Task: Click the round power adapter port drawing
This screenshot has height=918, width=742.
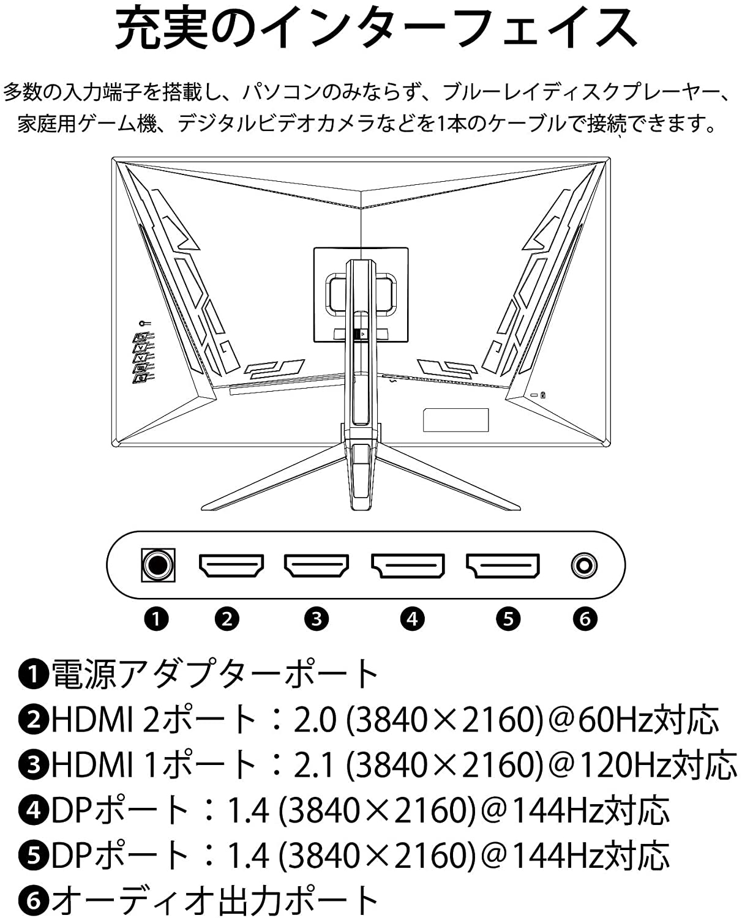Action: point(158,565)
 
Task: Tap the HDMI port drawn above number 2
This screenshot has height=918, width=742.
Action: point(231,565)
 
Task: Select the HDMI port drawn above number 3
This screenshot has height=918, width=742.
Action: point(316,565)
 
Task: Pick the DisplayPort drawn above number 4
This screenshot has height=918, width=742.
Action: point(408,565)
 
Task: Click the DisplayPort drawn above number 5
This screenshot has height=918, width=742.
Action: point(503,565)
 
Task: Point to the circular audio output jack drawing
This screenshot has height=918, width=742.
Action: point(583,565)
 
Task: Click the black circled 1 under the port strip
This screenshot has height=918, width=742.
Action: point(156,619)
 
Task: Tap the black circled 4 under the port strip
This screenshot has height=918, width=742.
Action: point(412,619)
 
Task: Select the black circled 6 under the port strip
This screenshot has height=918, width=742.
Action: point(585,619)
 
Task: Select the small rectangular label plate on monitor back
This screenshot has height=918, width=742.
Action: point(455,420)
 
